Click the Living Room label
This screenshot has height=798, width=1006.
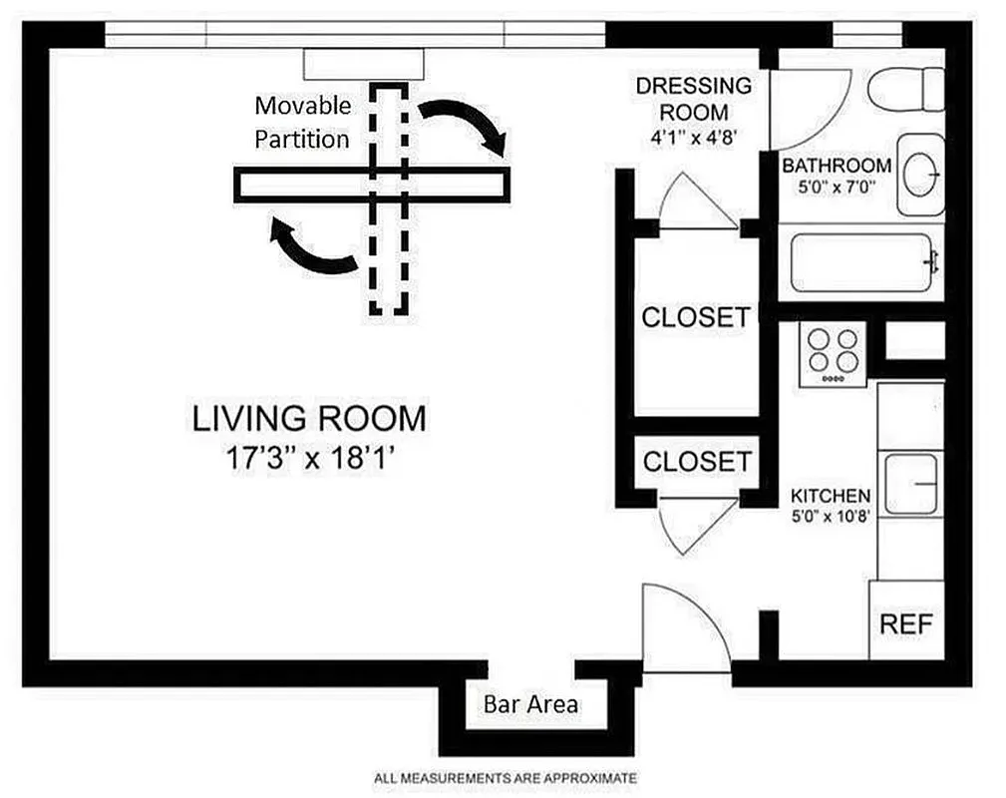tap(309, 418)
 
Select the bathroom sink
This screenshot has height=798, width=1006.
tap(921, 175)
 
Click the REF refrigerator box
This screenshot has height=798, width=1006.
tap(906, 624)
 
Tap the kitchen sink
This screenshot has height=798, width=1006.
tap(911, 484)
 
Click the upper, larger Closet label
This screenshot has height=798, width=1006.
tap(695, 317)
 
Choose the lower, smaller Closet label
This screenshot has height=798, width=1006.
tap(696, 461)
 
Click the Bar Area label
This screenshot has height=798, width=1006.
tap(529, 703)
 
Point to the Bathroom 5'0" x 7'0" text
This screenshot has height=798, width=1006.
tap(836, 176)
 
